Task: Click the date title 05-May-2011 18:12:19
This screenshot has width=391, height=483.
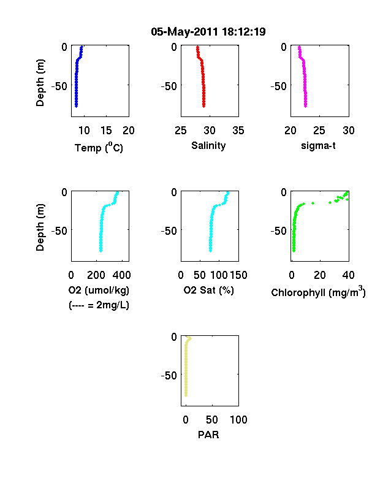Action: (x=208, y=32)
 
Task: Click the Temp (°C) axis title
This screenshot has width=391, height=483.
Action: (x=99, y=148)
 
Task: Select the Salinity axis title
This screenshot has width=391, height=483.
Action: (x=208, y=146)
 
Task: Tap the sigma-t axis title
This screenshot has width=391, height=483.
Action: (x=318, y=145)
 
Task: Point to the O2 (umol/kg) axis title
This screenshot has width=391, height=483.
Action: (x=99, y=290)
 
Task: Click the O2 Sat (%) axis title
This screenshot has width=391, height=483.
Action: (x=209, y=290)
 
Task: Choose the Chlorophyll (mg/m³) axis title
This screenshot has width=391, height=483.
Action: (x=318, y=292)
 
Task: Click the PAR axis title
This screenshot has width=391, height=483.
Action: (x=208, y=435)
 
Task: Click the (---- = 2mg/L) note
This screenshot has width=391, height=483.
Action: (x=99, y=305)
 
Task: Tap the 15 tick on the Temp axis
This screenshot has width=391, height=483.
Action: (x=106, y=131)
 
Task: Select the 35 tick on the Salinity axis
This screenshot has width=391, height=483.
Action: (x=238, y=131)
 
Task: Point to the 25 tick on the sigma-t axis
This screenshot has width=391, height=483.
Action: (x=319, y=131)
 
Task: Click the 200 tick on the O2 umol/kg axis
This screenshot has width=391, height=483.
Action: (x=96, y=275)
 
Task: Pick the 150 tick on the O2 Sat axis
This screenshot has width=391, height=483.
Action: (x=238, y=275)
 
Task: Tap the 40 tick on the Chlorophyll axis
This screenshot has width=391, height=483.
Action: (x=348, y=275)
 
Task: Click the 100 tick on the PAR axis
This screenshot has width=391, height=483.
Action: (x=238, y=419)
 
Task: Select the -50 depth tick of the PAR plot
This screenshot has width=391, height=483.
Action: (x=169, y=376)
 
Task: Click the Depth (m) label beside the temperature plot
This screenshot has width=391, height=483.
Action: (x=40, y=83)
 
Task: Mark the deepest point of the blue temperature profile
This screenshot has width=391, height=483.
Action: (x=76, y=106)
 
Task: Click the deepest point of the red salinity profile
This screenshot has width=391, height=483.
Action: (x=204, y=106)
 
